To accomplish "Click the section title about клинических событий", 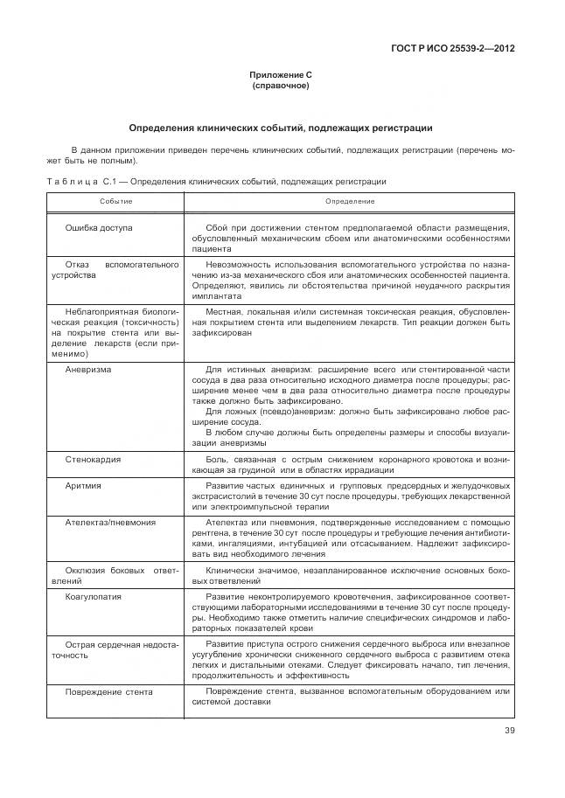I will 281,128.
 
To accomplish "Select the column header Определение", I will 350,201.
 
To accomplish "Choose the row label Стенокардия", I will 93,459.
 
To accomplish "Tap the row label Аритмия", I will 83,485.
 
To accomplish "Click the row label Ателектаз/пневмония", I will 110,522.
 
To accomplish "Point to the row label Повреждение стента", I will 109,692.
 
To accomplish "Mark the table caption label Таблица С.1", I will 80,182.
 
